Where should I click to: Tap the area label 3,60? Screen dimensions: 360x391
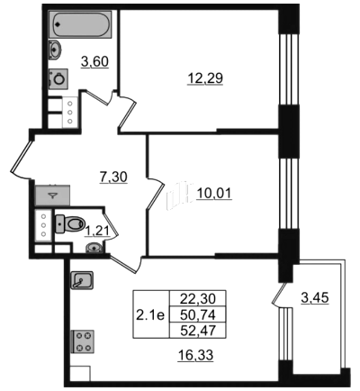coord(94,62)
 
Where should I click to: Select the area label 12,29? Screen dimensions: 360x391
coord(205,78)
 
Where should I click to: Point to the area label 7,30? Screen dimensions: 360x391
coord(113,177)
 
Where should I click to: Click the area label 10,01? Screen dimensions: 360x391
coord(214,194)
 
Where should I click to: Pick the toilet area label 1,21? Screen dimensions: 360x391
coord(96,232)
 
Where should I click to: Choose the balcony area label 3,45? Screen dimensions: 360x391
coord(315,298)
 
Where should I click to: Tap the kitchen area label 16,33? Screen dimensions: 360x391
coord(195,355)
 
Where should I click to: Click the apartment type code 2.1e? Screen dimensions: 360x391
coord(150,315)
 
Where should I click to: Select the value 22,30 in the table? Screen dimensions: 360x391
coord(198,299)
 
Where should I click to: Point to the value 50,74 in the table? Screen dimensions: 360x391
coord(198,314)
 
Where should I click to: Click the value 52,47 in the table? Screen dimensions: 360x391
coord(198,331)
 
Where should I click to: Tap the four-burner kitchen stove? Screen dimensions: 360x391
coord(82,341)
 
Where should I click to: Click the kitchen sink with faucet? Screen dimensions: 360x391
coord(82,280)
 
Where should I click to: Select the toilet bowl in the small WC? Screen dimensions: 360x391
coord(70,223)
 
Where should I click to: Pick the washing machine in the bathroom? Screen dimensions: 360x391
coord(58,78)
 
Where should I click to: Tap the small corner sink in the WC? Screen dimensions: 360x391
coord(94,248)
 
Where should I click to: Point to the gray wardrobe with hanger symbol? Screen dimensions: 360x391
coord(52,195)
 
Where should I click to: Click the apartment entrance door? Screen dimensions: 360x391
coord(22,156)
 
